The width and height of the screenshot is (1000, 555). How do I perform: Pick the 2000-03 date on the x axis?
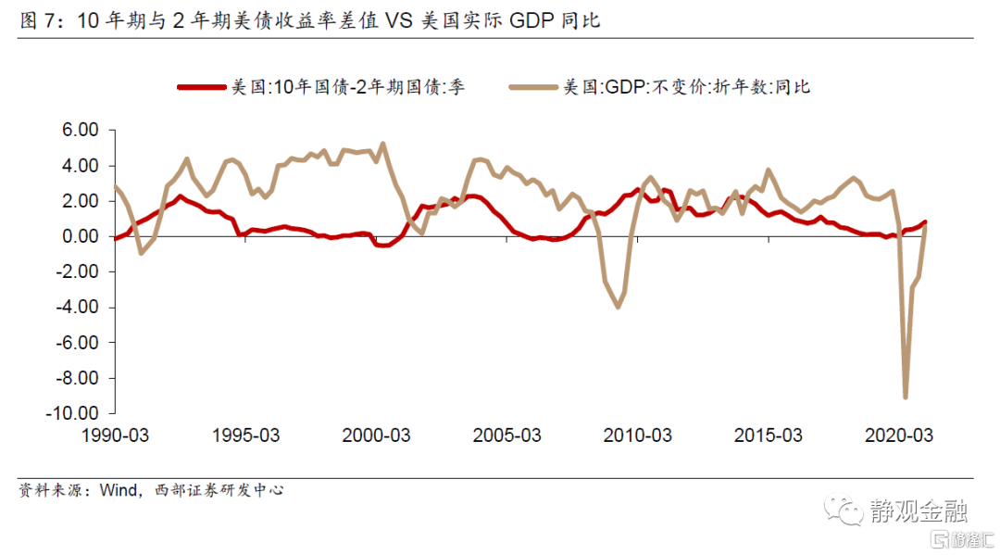click(379, 435)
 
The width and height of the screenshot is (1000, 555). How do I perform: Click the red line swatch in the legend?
click(202, 87)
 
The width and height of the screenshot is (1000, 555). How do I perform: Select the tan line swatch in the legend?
click(533, 87)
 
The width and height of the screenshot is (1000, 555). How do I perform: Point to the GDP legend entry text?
click(686, 87)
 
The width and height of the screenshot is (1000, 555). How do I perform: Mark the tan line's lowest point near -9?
click(905, 397)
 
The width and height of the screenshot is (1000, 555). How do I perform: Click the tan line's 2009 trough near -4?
click(618, 307)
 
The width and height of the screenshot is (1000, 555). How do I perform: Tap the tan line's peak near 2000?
click(383, 144)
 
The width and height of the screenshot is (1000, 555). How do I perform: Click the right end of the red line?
click(925, 222)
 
